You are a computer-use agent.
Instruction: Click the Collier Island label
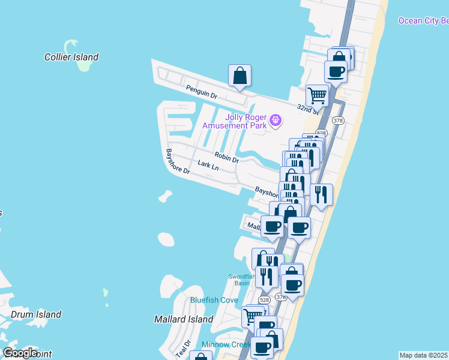coord(71,58)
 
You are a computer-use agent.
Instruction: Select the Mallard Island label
coord(184,319)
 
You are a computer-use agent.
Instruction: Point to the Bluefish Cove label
coord(214,300)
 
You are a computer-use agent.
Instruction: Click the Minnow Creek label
coord(226,344)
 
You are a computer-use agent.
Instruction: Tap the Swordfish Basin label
coord(238,280)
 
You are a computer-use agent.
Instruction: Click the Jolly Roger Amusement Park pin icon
coord(276,121)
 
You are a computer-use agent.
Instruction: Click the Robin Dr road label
coord(227,157)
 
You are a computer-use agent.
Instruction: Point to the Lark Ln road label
coord(208,165)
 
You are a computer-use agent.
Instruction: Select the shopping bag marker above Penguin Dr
coord(240,76)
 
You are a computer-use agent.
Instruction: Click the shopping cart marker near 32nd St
coord(317,95)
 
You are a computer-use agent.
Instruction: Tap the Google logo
coord(19,353)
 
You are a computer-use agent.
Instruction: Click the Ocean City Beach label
coord(423,21)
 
